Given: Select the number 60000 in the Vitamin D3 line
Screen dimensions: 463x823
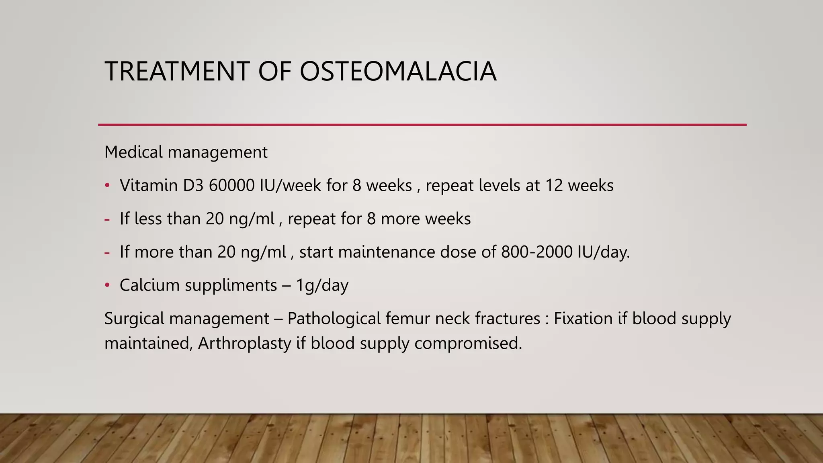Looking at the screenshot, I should point(231,185).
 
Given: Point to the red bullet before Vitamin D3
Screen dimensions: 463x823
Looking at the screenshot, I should point(107,186).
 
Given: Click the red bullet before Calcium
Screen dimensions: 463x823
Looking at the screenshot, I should point(107,285).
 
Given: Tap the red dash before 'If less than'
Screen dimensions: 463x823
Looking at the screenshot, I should point(107,219).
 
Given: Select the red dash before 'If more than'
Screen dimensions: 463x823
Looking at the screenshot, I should point(107,253).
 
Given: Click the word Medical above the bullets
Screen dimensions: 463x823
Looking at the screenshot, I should point(134,152).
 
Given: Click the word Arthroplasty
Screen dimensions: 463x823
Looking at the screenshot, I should point(244,343).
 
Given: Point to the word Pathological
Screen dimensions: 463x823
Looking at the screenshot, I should point(334,318).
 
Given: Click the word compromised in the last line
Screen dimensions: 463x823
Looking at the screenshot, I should point(468,343).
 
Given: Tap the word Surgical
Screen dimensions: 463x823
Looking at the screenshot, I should point(134,318).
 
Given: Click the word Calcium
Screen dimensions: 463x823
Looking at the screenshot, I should point(149,285).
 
